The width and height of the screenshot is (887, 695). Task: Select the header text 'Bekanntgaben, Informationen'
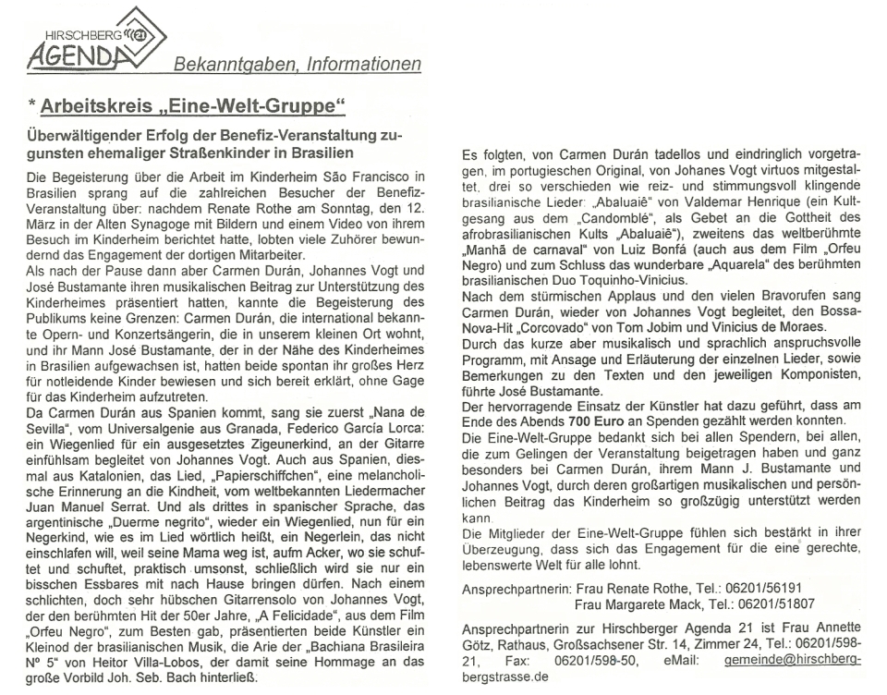coord(298,64)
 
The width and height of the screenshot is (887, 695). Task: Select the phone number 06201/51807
coord(790,604)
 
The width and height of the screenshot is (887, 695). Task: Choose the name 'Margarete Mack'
coord(655,604)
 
